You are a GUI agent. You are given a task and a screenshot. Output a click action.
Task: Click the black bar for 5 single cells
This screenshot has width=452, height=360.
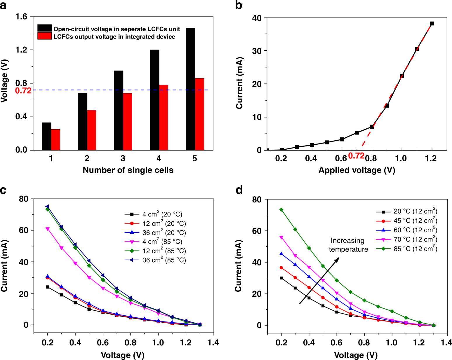click(x=190, y=89)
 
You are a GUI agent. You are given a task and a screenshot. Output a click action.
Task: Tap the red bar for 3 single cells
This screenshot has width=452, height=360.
click(x=128, y=122)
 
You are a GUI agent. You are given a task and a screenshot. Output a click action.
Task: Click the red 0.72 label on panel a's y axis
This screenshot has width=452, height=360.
click(x=23, y=91)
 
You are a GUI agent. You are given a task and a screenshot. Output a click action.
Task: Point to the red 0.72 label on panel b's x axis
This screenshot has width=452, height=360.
click(x=356, y=156)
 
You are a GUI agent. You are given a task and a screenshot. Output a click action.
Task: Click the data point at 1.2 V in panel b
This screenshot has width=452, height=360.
click(x=432, y=24)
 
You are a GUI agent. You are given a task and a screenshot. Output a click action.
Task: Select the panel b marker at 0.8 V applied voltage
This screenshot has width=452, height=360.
click(x=372, y=127)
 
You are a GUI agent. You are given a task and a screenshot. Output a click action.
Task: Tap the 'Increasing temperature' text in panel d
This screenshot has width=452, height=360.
click(x=348, y=245)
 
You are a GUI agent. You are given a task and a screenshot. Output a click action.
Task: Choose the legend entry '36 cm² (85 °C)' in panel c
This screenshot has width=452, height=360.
click(x=164, y=260)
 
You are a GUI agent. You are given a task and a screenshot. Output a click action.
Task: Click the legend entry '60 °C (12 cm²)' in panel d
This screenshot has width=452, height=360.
click(x=415, y=230)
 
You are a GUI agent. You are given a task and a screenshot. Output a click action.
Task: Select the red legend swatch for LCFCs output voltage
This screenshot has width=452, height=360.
click(x=44, y=36)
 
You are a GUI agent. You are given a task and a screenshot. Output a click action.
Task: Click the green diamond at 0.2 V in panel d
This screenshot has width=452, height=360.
click(x=281, y=210)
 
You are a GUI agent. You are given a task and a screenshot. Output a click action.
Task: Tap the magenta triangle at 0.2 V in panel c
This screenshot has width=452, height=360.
click(x=48, y=229)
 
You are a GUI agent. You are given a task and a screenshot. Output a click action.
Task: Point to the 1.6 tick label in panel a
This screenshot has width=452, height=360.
click(x=21, y=17)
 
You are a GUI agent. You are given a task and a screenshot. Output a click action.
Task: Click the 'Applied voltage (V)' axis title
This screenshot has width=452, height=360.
click(x=357, y=170)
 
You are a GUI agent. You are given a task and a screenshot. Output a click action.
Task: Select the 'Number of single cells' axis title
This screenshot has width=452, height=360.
click(x=128, y=170)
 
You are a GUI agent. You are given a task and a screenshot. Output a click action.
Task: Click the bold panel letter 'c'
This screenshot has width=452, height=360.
click(x=3, y=190)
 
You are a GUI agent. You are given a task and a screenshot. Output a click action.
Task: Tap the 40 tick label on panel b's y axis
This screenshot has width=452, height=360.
click(x=257, y=18)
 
